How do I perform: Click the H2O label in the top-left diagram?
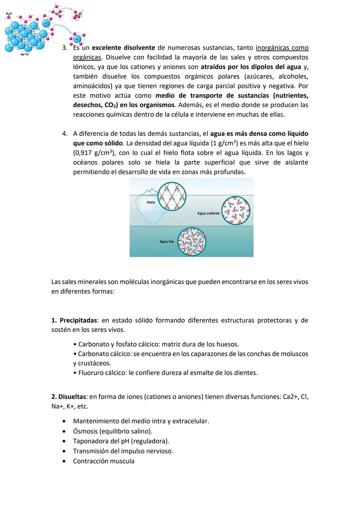[x=9, y=13]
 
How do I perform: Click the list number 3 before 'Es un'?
[x=65, y=48]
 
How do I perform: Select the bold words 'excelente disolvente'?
[x=123, y=48]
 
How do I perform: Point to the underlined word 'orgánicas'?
[x=87, y=57]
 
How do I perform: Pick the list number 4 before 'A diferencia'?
[x=65, y=134]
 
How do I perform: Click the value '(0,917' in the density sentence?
[x=82, y=153]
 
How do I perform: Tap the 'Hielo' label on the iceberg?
[x=151, y=202]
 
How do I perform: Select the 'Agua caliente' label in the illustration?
[x=208, y=213]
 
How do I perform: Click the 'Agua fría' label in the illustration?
[x=166, y=242]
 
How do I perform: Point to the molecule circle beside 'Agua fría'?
[x=192, y=242]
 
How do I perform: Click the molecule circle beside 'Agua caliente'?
[x=236, y=211]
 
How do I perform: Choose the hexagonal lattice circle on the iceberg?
[x=171, y=197]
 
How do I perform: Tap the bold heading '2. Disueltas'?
[x=69, y=397]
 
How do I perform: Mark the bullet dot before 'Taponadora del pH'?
[x=64, y=441]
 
